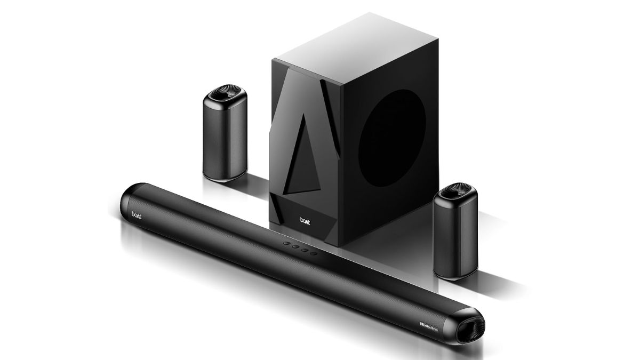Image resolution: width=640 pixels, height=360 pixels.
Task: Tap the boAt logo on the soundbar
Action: (x=138, y=215)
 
